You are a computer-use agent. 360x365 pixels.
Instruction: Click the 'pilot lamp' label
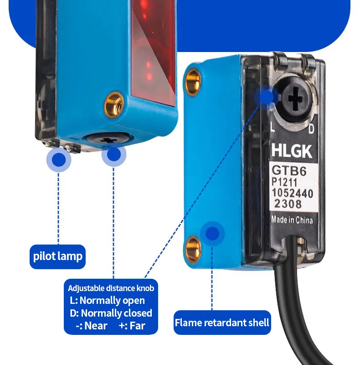coord(58,256)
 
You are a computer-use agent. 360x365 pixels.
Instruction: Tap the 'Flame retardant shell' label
coord(222,323)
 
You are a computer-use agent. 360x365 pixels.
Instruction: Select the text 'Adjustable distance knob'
coord(111,288)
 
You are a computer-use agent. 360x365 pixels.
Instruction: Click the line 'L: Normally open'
coord(107,300)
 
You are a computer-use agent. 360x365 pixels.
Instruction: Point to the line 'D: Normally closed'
coord(111,313)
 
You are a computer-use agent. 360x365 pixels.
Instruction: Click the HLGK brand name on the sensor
coord(292,151)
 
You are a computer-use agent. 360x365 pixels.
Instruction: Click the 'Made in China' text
coord(292,219)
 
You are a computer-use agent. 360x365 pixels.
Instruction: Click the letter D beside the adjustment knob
coord(312,130)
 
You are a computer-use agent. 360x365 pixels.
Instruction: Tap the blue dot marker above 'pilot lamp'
coord(58,159)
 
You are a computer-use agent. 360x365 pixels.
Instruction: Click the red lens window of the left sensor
coord(153,50)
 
